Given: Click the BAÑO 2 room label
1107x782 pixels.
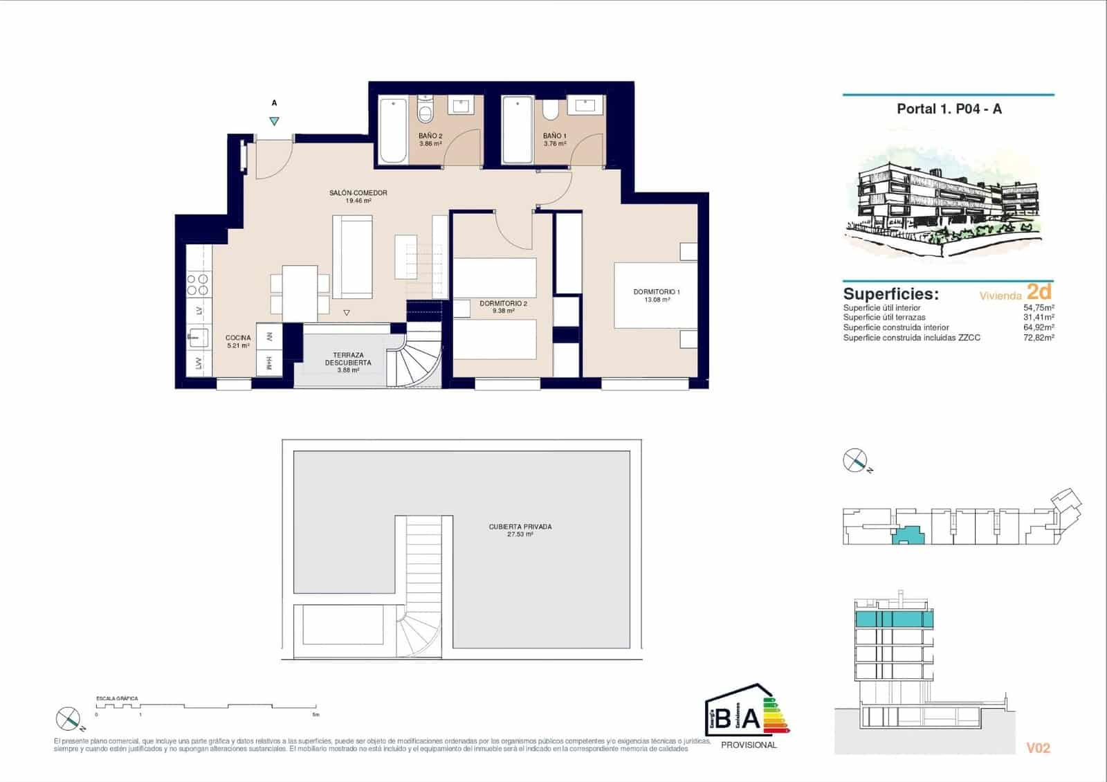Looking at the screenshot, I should pos(430,136).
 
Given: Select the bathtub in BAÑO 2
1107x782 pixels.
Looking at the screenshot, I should pos(393,130).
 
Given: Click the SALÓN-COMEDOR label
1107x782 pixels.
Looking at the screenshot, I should pos(358,193).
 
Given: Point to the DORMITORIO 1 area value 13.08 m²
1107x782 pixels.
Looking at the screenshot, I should pos(657,300).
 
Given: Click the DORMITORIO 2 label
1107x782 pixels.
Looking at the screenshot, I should pos(503,303).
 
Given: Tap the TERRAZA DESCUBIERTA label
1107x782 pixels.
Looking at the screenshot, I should pos(347,358).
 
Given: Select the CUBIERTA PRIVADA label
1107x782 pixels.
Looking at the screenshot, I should pos(520,527).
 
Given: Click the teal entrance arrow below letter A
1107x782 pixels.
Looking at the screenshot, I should pos(275,121).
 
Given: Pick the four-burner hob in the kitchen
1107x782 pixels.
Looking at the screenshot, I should pos(199,284).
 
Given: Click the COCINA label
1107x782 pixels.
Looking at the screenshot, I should pos(237,338).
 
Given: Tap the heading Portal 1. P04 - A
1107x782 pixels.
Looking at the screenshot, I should pos(949,109).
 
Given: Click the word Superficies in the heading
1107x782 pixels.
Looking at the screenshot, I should pos(890,293).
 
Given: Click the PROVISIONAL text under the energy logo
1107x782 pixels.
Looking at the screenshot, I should pos(749,745).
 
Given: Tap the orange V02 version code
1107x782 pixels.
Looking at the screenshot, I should pos(1038,748).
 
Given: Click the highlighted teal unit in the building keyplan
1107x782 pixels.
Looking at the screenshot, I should pos(908,535).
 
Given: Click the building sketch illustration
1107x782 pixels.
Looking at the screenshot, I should pos(948,204).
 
